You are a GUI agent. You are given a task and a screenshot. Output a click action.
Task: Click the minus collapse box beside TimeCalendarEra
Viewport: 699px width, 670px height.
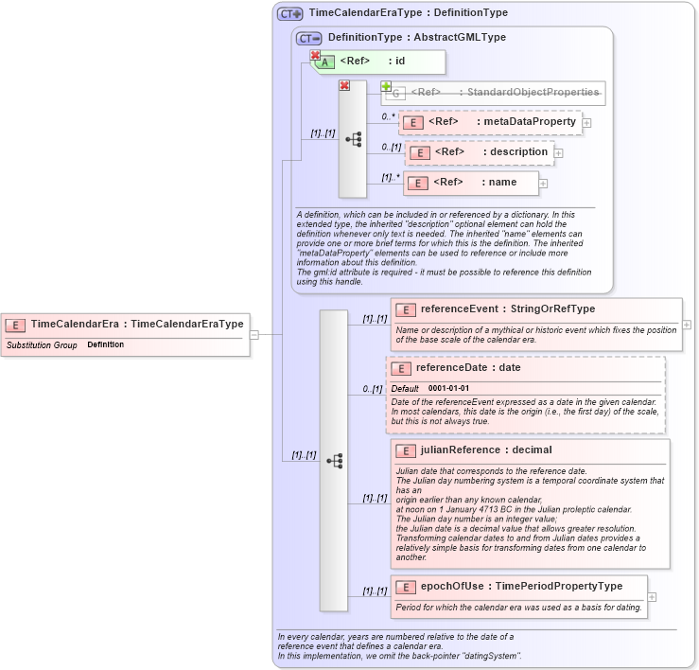253,334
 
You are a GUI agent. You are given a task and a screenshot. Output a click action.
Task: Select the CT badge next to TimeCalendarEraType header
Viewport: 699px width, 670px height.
289,13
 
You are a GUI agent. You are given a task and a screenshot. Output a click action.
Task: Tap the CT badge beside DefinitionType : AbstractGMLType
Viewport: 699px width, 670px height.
308,38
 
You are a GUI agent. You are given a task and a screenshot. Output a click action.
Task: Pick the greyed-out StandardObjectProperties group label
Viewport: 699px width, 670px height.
505,93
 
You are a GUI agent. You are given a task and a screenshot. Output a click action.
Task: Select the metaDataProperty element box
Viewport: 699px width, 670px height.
490,122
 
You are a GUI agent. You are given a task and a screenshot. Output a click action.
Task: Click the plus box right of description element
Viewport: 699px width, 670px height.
558,152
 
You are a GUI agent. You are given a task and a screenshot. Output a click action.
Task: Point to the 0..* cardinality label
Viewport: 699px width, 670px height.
388,116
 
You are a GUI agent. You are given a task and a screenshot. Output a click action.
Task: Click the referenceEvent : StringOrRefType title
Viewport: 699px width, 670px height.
507,309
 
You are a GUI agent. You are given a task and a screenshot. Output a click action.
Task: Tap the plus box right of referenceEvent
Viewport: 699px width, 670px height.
687,325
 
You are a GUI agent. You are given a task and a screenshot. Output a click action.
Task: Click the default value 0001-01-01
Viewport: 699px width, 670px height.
448,388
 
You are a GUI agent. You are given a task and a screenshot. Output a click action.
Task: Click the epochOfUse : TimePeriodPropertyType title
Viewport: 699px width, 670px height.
521,586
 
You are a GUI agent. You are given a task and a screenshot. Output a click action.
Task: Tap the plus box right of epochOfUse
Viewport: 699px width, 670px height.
653,597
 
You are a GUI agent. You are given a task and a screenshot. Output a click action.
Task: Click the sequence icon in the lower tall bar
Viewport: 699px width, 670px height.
334,461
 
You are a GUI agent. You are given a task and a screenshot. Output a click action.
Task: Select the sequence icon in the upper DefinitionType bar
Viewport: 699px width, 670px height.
353,139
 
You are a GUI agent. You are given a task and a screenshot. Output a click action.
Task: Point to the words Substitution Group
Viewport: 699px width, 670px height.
42,345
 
